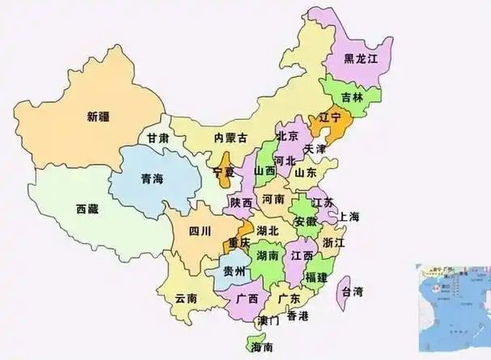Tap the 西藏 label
(87, 209)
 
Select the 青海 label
(151, 180)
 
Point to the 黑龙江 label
(361, 58)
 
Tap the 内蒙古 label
(230, 138)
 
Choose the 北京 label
(286, 136)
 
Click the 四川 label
(200, 231)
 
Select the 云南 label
(186, 298)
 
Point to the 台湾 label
(352, 291)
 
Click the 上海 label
(349, 217)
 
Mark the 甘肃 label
(157, 138)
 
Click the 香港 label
(298, 315)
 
